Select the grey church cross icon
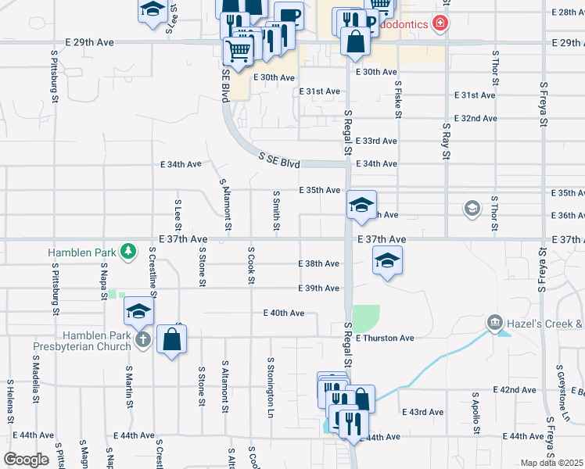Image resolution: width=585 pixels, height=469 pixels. (142, 339)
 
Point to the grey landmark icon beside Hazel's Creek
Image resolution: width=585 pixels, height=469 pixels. (494, 322)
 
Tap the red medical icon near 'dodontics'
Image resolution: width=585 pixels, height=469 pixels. (441, 24)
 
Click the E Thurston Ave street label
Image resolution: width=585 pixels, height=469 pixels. (383, 338)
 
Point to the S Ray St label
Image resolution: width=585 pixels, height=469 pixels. (446, 141)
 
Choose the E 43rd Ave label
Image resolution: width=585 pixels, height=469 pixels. (422, 412)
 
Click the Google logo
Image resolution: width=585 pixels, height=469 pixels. (26, 460)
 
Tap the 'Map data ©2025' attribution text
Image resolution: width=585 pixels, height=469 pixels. (551, 463)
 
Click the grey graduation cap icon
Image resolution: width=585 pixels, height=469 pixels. (472, 208)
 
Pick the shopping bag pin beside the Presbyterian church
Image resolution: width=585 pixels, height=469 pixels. (171, 340)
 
